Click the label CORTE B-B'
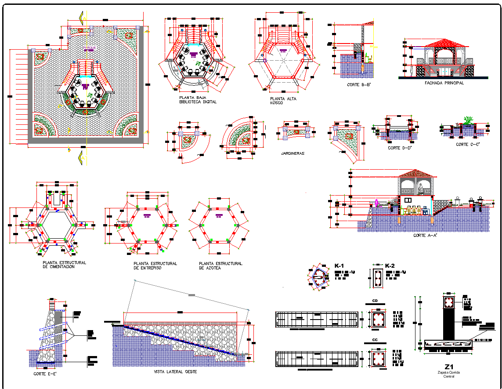(356, 84)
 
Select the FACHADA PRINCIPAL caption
(444, 83)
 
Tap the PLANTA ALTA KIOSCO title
(283, 101)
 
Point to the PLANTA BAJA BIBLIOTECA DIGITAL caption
(198, 100)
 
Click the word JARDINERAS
(293, 153)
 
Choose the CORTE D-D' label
(400, 148)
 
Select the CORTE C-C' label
(468, 145)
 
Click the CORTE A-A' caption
(425, 236)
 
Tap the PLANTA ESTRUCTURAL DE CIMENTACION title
(64, 265)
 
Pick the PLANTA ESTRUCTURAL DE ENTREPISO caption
(155, 265)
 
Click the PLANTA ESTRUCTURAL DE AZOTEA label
(220, 265)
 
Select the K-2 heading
(390, 266)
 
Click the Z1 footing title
(448, 367)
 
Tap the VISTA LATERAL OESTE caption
(175, 371)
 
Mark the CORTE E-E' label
(45, 374)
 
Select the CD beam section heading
(375, 301)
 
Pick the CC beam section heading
(375, 340)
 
